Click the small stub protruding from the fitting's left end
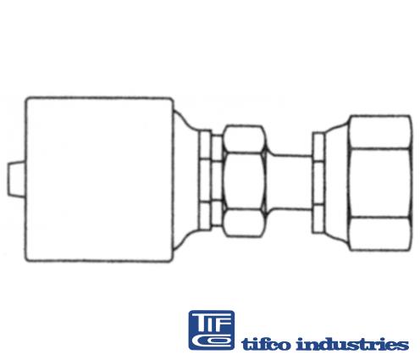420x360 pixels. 12,180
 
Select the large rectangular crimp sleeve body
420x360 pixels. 97,180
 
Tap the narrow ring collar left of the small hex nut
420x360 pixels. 206,180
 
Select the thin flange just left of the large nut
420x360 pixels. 318,180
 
